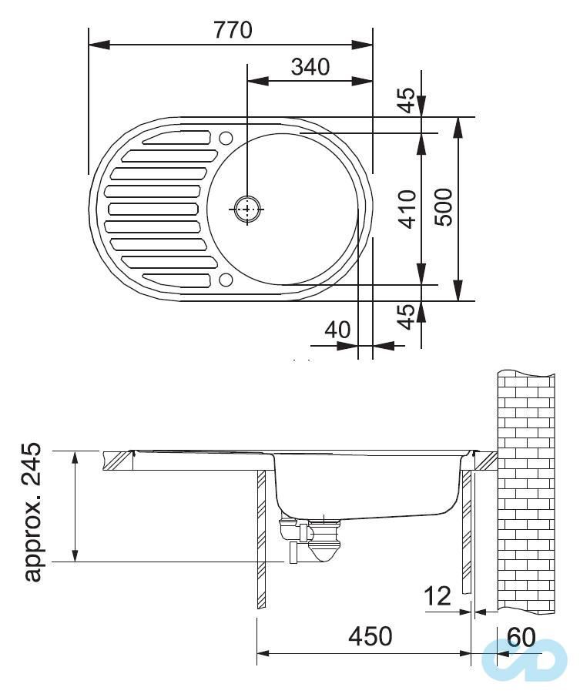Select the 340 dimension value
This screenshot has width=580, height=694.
click(310, 67)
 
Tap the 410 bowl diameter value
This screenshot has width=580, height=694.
click(408, 209)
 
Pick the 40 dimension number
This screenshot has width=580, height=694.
click(337, 330)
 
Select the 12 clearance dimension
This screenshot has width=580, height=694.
click(438, 595)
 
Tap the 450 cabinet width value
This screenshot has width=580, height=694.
click(370, 636)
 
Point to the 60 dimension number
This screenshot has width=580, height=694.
click(521, 637)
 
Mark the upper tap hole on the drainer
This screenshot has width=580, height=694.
click(225, 139)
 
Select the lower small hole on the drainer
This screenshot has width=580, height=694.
click(225, 279)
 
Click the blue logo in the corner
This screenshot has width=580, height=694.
click(524, 660)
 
